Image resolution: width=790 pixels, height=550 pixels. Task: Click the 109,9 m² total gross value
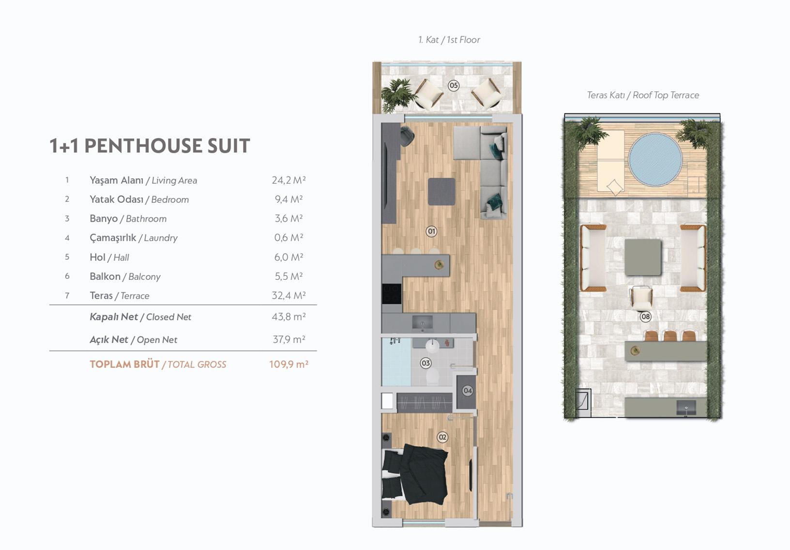click(x=289, y=364)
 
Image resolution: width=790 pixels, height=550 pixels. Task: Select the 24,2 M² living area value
click(x=289, y=180)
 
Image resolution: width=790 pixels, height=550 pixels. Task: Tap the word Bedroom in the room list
click(x=170, y=199)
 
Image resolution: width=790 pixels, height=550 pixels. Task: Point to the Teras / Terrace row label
click(x=120, y=296)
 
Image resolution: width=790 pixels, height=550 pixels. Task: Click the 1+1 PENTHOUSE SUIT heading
click(x=150, y=146)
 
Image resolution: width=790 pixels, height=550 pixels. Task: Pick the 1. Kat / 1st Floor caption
click(x=449, y=40)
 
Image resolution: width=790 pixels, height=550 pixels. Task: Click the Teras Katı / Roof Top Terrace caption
click(x=643, y=95)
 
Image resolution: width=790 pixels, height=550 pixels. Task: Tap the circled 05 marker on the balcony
click(x=454, y=85)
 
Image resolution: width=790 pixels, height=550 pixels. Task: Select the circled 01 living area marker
click(x=431, y=231)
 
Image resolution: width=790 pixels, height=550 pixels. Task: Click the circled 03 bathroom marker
click(x=425, y=363)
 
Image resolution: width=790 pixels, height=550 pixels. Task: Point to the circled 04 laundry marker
click(x=468, y=391)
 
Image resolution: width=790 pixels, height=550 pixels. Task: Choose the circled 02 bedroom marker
click(x=442, y=437)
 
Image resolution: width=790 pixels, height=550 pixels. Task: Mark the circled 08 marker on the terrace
click(x=646, y=317)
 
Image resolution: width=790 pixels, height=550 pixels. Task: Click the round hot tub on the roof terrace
click(x=655, y=159)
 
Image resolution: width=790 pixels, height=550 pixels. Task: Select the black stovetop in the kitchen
click(x=392, y=294)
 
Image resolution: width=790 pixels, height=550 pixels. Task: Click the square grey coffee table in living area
click(x=441, y=192)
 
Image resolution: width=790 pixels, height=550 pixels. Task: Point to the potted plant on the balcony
click(x=397, y=94)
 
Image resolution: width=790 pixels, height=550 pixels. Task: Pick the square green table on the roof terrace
click(x=642, y=257)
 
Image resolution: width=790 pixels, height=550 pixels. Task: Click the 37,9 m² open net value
click(x=289, y=339)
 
